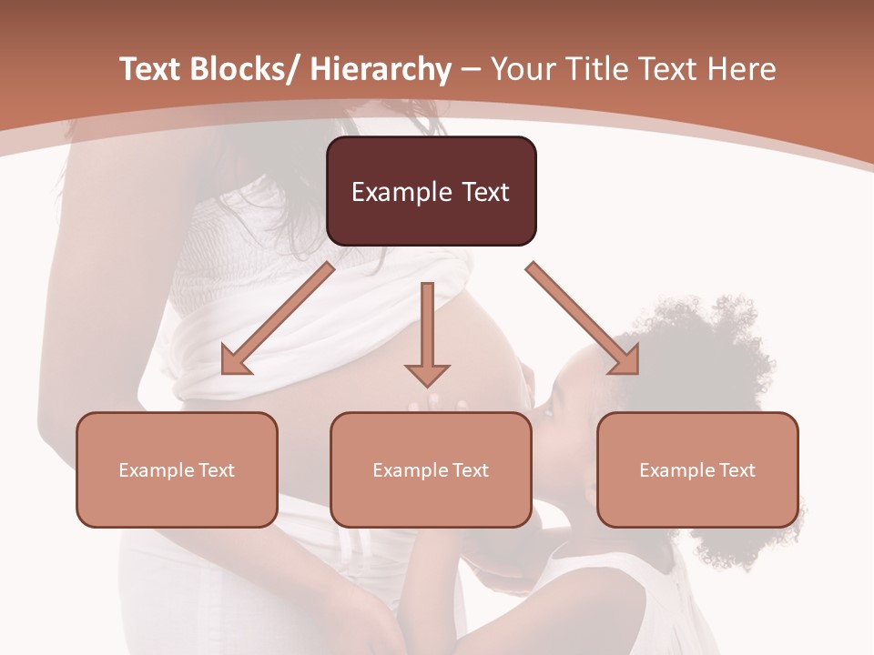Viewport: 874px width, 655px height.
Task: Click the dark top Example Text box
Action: click(x=431, y=191)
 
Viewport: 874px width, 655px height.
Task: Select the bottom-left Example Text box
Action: click(x=177, y=469)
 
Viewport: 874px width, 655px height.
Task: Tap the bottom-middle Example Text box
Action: click(x=431, y=469)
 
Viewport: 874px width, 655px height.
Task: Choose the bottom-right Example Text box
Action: click(x=697, y=469)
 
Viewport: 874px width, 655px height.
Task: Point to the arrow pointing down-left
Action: click(x=278, y=318)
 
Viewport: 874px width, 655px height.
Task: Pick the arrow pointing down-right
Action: click(x=583, y=318)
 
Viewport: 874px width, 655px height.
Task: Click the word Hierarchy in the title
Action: click(x=381, y=69)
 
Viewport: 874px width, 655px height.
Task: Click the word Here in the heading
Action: click(x=742, y=69)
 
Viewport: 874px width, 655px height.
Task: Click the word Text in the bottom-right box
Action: click(x=736, y=470)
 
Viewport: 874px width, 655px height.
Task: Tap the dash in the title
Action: click(x=471, y=70)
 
